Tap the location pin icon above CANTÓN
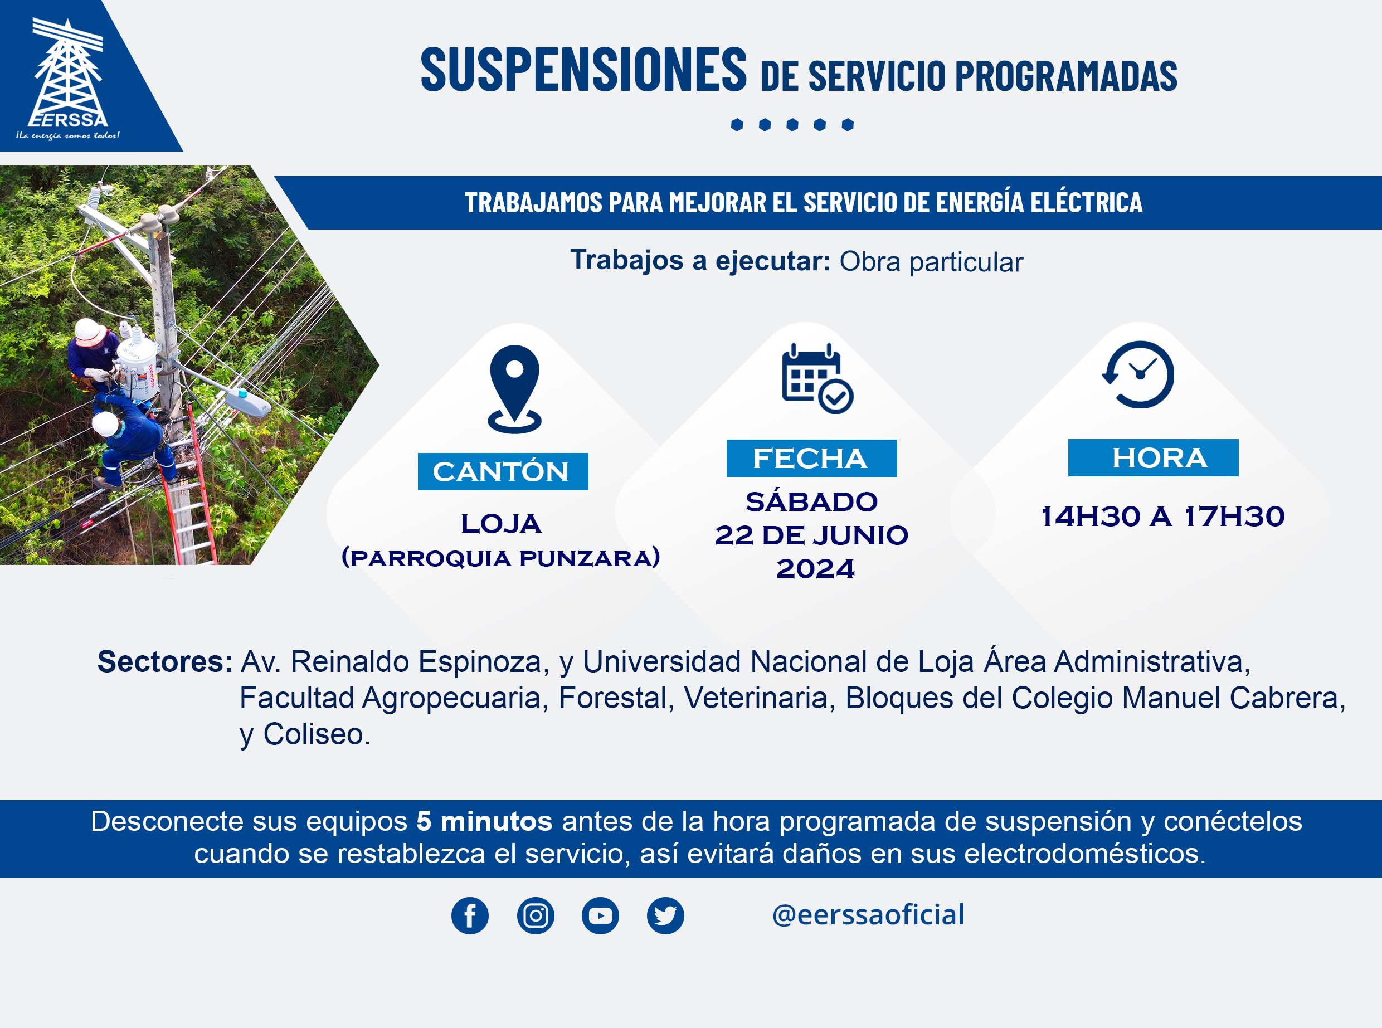tap(514, 389)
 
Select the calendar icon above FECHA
tap(817, 378)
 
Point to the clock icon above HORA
tap(1138, 374)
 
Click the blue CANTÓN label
tap(503, 472)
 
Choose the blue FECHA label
tap(811, 459)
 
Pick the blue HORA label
tap(1153, 458)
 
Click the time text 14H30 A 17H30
tap(1162, 517)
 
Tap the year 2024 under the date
tap(815, 569)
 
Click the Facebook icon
tap(470, 915)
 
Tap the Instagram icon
tap(535, 915)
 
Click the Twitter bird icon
tap(665, 915)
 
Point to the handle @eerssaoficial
tap(868, 915)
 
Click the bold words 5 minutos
tap(484, 821)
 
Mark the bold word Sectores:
tap(165, 661)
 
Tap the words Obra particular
tap(931, 262)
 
